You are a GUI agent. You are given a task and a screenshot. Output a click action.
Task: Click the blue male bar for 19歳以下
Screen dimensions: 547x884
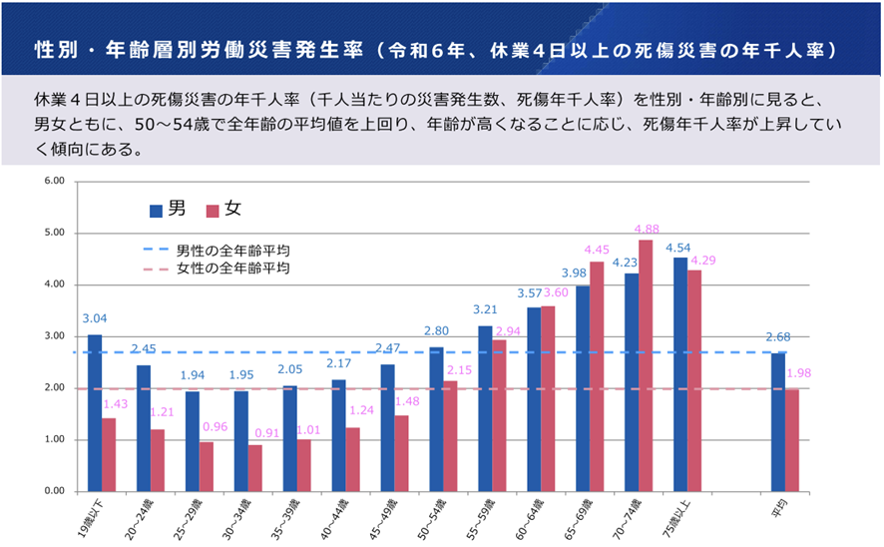tap(95, 412)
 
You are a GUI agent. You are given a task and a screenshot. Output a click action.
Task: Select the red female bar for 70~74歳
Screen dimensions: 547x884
tap(646, 365)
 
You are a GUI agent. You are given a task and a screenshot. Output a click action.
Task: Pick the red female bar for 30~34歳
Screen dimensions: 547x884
tap(255, 468)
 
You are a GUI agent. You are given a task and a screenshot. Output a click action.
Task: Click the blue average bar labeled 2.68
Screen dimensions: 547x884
tap(778, 422)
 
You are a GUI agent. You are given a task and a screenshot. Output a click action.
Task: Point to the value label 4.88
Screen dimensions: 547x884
tap(647, 229)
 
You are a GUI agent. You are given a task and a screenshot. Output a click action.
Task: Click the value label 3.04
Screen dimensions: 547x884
tap(95, 319)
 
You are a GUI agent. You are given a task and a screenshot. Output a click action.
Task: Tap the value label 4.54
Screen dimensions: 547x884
tap(678, 247)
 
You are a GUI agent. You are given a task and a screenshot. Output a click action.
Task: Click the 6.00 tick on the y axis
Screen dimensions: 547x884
tap(53, 182)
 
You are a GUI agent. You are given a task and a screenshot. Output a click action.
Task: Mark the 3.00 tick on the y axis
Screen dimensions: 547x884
tap(53, 336)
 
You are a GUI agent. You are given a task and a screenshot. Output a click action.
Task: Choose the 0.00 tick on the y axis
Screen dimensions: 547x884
tap(53, 491)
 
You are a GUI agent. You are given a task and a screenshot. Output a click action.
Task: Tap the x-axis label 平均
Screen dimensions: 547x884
tap(778, 510)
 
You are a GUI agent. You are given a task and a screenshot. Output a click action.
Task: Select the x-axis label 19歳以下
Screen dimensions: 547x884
tap(92, 519)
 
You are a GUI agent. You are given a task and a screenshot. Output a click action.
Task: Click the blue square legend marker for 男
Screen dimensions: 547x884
tap(157, 211)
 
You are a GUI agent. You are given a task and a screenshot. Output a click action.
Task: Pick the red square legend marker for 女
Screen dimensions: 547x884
tap(213, 211)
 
